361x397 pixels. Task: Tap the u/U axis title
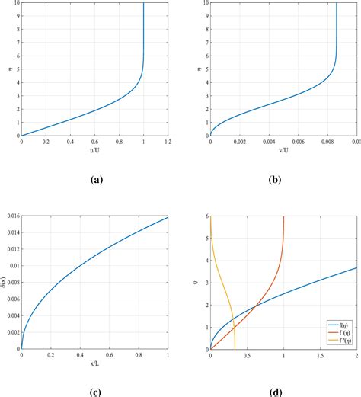click(94, 150)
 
